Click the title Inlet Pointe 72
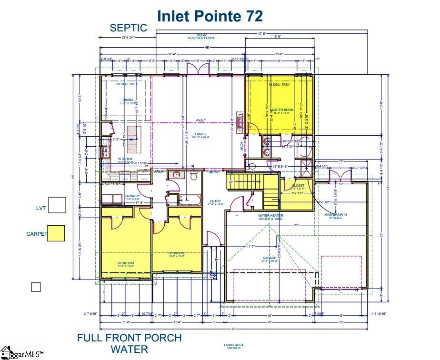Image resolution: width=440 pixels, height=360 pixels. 210,16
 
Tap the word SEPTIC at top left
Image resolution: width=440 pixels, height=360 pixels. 129,28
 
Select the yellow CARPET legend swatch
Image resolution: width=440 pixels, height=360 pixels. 56,233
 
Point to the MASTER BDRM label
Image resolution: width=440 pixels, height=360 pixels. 281,110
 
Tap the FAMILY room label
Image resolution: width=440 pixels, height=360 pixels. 200,135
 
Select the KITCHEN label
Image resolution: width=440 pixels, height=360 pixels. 125,159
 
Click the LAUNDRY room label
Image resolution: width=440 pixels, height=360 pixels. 131,196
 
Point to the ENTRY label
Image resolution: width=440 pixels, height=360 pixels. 215,201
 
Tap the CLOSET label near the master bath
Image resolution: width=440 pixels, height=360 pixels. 298,186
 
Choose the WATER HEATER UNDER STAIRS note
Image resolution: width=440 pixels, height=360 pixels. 270,217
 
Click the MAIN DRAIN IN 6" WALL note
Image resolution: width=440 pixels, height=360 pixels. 335,216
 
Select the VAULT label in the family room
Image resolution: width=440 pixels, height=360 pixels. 200,120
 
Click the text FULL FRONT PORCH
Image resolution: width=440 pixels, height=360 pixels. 129,338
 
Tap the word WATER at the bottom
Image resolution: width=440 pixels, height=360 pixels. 129,350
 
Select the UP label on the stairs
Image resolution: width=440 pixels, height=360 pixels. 231,182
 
